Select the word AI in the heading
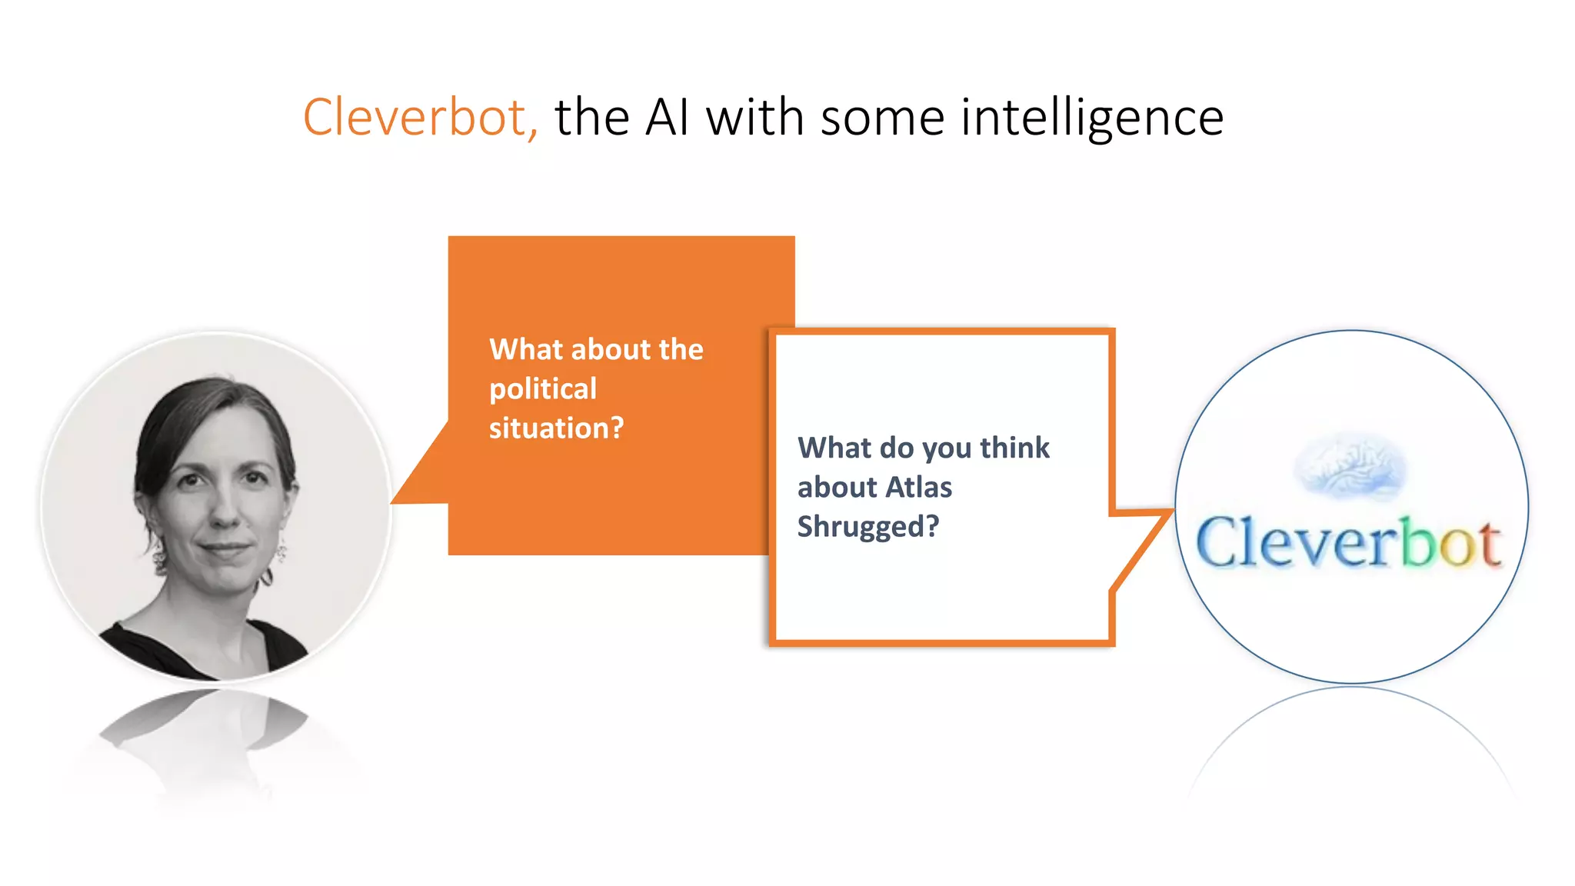tap(666, 118)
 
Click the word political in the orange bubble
tap(543, 389)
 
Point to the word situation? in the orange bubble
tap(556, 428)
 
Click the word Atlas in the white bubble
tap(918, 488)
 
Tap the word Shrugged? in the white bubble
tap(867, 527)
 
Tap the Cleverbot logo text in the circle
tap(1348, 543)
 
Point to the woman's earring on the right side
tap(281, 551)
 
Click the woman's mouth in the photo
tap(224, 549)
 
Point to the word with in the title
tap(754, 118)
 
